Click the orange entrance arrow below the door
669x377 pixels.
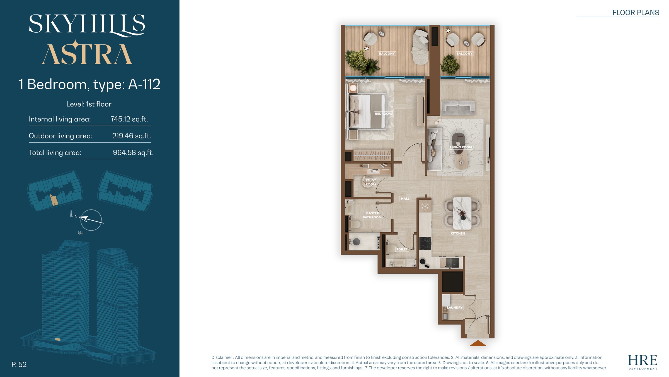(x=478, y=343)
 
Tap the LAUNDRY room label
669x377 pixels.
(x=455, y=307)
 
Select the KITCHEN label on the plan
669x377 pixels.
(x=458, y=233)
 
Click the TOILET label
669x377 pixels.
(x=402, y=249)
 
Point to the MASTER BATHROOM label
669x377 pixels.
(x=372, y=215)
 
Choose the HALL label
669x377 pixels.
(x=405, y=199)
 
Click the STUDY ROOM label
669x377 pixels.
(x=371, y=182)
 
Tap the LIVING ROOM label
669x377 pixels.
(x=461, y=147)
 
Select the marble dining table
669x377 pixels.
(x=462, y=213)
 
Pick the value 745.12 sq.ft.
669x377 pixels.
(x=129, y=119)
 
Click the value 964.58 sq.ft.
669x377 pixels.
(x=133, y=153)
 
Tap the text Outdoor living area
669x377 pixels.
(x=60, y=136)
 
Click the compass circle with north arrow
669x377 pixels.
(x=91, y=220)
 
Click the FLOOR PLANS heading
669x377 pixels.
(x=636, y=13)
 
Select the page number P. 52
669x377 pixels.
(x=19, y=364)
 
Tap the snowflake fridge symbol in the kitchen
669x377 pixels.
(x=425, y=206)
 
